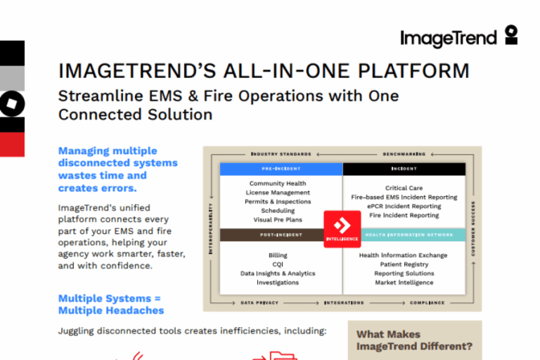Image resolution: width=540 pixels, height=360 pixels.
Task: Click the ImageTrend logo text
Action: pos(449,38)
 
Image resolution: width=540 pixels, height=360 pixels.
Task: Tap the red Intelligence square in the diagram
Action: pos(342,229)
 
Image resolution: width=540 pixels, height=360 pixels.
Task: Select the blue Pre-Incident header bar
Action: pos(281,169)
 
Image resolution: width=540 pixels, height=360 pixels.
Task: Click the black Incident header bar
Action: pos(404,169)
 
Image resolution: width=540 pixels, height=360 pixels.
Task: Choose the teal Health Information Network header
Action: pos(412,235)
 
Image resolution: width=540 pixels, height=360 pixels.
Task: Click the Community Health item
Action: pos(278,184)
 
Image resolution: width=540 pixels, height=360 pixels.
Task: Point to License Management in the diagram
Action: pos(278,193)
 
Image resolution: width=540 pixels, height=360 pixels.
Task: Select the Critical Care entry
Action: pos(404,188)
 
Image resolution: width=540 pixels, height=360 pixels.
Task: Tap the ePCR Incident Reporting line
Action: pos(404,207)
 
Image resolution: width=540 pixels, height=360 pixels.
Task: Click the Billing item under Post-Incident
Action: pos(278,255)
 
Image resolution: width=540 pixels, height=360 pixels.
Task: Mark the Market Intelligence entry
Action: pos(404,283)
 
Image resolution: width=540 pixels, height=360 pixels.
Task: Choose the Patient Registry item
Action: pos(404,264)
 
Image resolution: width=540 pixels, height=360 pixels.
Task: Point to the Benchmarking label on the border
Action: pos(404,153)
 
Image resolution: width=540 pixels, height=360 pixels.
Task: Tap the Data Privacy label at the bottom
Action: pos(259,303)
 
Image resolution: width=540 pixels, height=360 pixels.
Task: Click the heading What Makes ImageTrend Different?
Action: pos(414,340)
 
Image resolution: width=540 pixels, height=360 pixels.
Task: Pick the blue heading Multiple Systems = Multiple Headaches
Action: pos(111,304)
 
